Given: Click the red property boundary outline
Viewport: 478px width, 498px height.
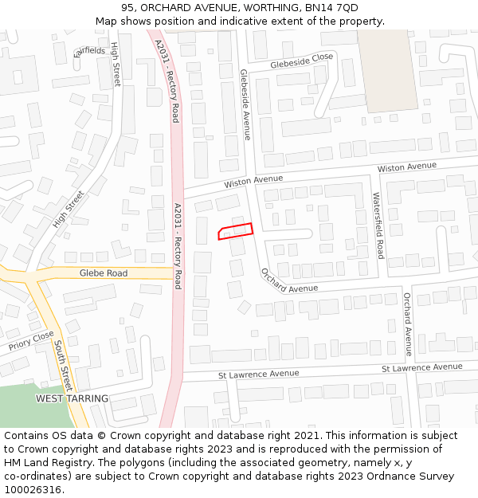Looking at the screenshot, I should (236, 231).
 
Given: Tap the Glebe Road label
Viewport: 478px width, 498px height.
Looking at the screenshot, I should (103, 273).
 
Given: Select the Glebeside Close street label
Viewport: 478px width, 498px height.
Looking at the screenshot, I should (301, 60).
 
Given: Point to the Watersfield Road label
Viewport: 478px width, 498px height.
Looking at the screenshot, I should (378, 225).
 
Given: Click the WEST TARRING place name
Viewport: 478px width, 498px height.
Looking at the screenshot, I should (72, 398).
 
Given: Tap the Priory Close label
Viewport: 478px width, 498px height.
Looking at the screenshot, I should (32, 341).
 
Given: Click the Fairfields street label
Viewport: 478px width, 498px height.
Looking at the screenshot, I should (89, 51).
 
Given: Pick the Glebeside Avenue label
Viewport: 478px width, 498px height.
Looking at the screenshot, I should (245, 104).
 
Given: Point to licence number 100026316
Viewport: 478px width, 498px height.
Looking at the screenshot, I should (33, 490).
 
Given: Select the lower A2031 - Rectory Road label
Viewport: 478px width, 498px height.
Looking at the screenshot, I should (178, 245).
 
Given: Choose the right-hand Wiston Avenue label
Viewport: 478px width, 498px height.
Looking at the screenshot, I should (406, 167).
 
